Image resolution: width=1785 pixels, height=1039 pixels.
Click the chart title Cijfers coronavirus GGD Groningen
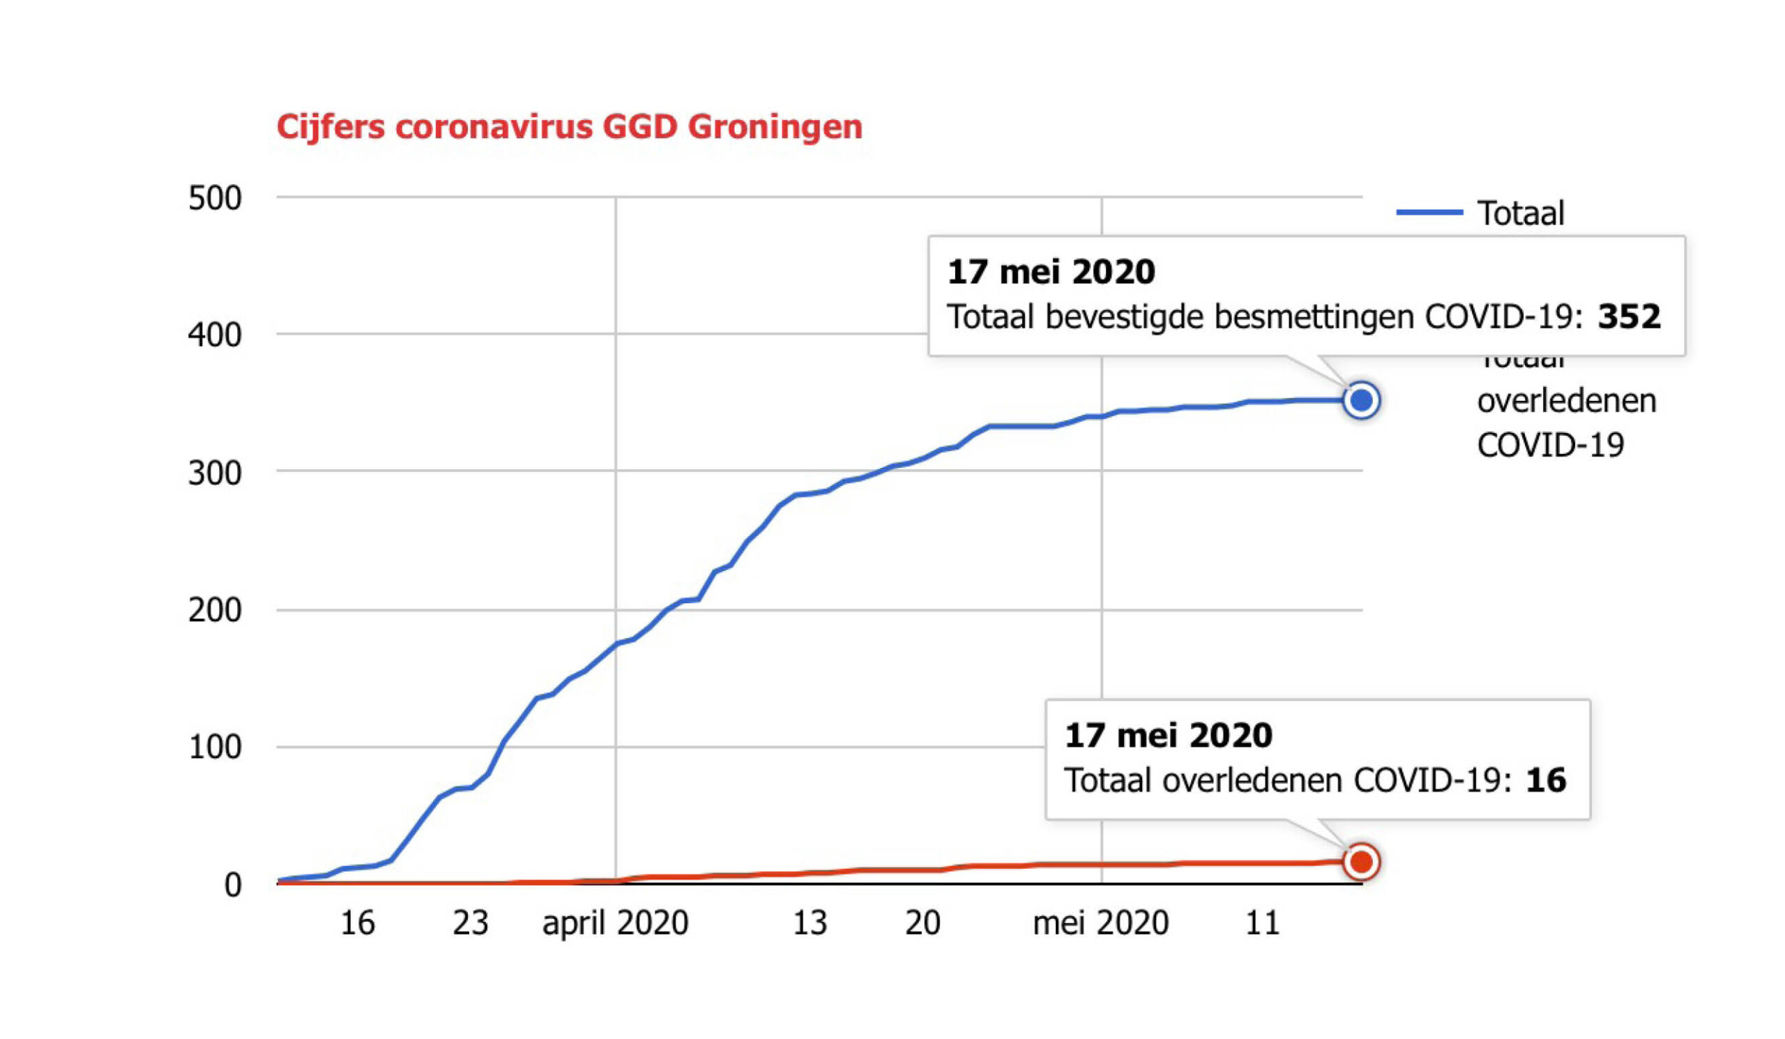[569, 128]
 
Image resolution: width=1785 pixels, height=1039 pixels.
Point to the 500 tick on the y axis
[215, 198]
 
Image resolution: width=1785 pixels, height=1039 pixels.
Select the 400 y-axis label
[215, 335]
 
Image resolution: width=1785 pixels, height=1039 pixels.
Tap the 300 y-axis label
[215, 473]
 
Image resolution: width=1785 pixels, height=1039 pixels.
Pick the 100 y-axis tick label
[215, 748]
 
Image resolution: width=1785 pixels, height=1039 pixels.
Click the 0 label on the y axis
[233, 886]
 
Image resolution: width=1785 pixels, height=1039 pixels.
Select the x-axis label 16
[357, 923]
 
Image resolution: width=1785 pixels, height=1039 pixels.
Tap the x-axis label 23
[471, 923]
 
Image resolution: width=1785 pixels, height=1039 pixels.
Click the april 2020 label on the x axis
[615, 923]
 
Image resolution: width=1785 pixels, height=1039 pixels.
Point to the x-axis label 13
[809, 923]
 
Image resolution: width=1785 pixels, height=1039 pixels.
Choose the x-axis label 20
[922, 923]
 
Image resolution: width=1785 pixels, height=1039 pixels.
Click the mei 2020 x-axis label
[1100, 923]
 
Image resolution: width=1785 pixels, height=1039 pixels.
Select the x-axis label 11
[1262, 923]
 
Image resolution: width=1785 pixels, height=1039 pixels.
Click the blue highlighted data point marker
[1360, 401]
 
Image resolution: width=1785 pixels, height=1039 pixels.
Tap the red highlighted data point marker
[1360, 862]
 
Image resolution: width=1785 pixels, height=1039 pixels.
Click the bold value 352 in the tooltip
[1628, 317]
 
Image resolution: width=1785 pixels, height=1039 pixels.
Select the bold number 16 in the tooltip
[1546, 780]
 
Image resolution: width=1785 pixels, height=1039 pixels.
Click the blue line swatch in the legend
[1429, 213]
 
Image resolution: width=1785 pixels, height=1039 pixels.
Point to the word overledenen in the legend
[1566, 402]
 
